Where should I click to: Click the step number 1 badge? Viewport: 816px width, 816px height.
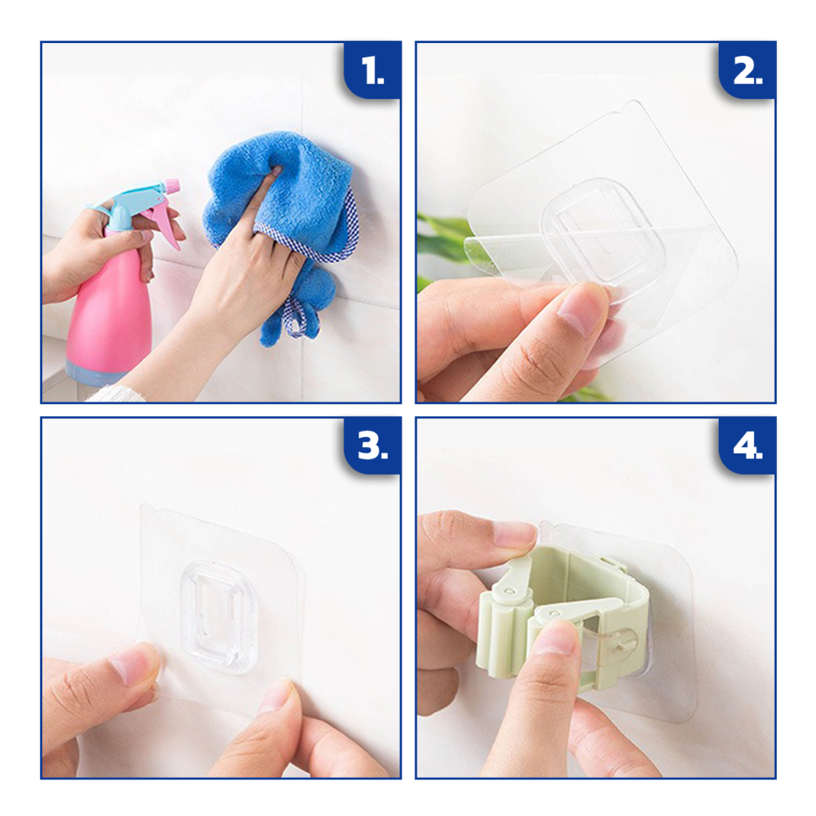tap(373, 70)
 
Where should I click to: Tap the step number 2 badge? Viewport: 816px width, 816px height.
tap(747, 70)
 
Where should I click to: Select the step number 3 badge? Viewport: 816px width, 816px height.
tap(373, 445)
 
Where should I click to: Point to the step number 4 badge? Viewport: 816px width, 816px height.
tap(747, 445)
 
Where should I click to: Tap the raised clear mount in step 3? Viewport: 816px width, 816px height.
tap(219, 618)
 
